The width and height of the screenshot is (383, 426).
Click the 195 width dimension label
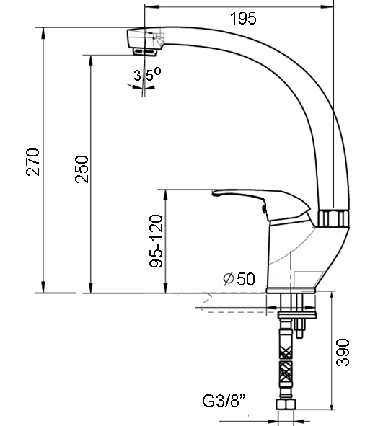(x=243, y=18)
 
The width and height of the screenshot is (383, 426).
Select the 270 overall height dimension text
(x=33, y=162)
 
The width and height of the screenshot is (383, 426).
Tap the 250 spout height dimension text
(x=82, y=169)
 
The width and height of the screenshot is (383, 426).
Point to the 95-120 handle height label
(x=157, y=241)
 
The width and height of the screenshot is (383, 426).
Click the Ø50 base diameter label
(x=239, y=278)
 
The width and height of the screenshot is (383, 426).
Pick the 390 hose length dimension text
(x=343, y=352)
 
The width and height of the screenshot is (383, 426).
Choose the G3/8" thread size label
(x=224, y=401)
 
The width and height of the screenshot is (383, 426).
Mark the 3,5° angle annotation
(x=147, y=74)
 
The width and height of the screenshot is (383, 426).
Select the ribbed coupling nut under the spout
(x=333, y=218)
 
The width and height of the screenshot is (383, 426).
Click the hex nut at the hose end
(x=286, y=404)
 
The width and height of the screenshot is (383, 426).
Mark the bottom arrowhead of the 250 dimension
(x=91, y=288)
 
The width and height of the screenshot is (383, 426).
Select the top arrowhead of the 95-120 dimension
(x=165, y=195)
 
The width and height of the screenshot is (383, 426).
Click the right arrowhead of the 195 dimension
(x=327, y=6)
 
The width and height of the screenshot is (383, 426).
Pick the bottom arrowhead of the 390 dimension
(x=331, y=404)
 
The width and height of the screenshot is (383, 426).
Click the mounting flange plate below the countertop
(x=297, y=315)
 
